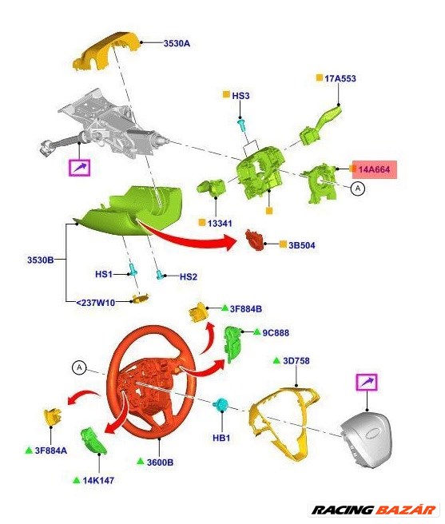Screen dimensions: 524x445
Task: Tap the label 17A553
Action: [340, 78]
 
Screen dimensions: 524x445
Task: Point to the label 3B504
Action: [301, 244]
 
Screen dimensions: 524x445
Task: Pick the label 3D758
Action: [296, 361]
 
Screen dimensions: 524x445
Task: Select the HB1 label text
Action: [221, 438]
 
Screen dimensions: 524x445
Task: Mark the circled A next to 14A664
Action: [358, 189]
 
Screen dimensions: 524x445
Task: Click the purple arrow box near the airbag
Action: [367, 383]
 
